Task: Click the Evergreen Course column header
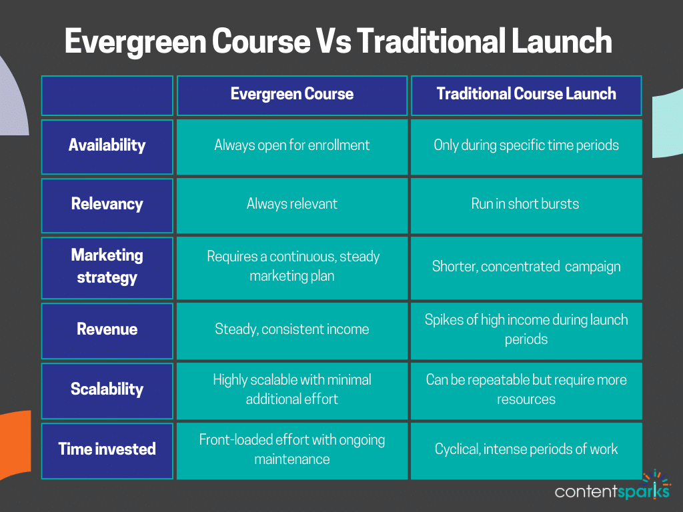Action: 292,94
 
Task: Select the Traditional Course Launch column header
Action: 526,94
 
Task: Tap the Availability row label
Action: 107,145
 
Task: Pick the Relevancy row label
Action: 107,204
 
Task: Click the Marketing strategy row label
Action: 107,266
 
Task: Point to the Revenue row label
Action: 107,329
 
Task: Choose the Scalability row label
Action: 107,389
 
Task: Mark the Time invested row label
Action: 107,449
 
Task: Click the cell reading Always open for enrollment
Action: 292,145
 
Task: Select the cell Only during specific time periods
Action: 526,145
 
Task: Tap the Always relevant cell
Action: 292,204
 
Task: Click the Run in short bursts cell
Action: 526,204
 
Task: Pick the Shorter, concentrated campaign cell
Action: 526,267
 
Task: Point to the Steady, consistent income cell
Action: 292,329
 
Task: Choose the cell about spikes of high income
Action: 526,329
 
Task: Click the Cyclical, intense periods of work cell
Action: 526,449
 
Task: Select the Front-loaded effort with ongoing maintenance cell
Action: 292,449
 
